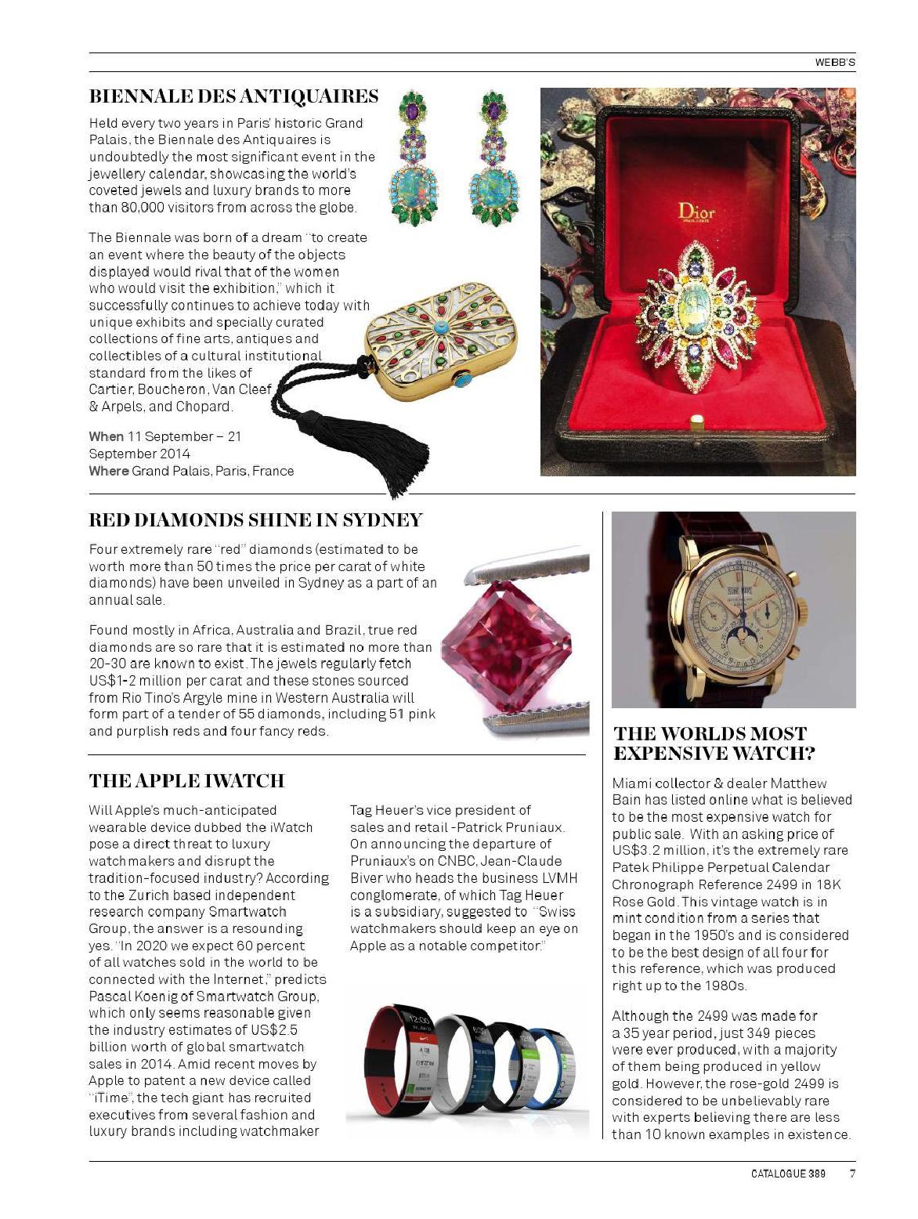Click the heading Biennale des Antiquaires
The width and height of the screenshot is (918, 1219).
click(233, 96)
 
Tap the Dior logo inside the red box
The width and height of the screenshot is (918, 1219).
click(696, 211)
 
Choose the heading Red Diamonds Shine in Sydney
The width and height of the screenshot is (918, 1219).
click(255, 520)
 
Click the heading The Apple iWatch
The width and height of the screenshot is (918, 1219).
click(186, 781)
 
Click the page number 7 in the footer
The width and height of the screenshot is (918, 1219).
click(851, 1173)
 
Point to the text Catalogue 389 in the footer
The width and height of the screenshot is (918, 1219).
click(788, 1173)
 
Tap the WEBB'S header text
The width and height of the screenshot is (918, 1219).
click(835, 63)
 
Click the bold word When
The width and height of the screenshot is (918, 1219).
click(106, 436)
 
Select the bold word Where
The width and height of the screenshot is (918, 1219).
click(108, 471)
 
